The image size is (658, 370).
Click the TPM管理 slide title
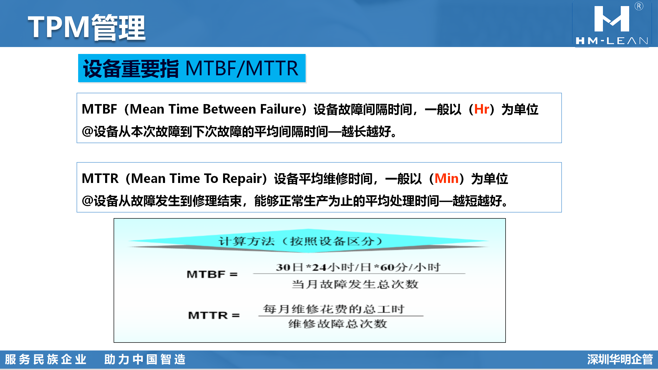tap(87, 27)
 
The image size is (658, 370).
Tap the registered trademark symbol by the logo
tap(639, 6)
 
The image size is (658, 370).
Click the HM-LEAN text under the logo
tap(612, 41)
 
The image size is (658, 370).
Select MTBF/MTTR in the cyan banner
tap(242, 68)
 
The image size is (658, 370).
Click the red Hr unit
tap(482, 109)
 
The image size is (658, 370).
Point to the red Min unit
tap(446, 178)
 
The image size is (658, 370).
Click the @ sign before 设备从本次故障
tap(87, 131)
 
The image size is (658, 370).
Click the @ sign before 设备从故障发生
tap(87, 201)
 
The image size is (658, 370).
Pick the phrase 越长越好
tap(366, 132)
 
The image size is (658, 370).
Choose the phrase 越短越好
tap(477, 201)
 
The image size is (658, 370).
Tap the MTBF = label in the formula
tap(212, 274)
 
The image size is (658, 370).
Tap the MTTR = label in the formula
tap(214, 315)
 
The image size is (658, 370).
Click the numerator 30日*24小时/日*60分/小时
tap(358, 267)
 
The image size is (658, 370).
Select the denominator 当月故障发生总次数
tap(355, 284)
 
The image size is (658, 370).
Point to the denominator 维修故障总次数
tap(338, 324)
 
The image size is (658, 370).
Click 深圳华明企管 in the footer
tap(620, 359)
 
